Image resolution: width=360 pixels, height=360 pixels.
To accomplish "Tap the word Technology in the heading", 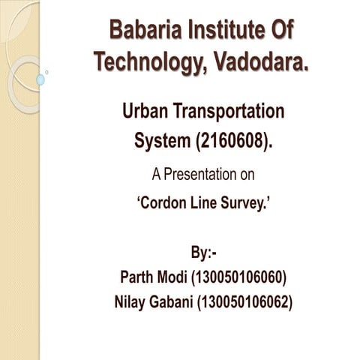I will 143,63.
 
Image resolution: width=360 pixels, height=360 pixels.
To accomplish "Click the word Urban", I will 148,112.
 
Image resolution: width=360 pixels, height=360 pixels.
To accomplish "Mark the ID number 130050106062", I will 247,302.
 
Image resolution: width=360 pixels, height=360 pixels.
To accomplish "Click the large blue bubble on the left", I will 40,79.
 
